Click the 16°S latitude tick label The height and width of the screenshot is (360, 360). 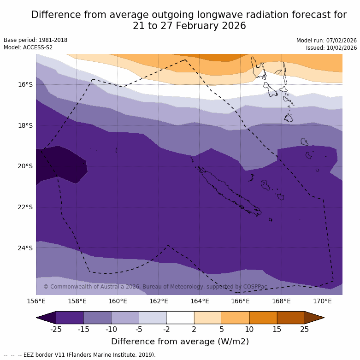pos(25,84)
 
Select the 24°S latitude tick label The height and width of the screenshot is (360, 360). pos(25,248)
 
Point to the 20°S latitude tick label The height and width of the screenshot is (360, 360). pos(25,166)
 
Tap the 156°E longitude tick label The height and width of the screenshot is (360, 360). pos(36,301)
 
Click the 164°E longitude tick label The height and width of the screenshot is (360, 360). pos(200,301)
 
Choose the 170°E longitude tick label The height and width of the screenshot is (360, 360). pos(322,301)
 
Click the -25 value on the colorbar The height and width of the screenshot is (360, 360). pos(56,329)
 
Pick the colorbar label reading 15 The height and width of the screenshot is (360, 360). pos(277,329)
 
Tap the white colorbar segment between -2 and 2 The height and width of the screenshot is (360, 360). pos(180,318)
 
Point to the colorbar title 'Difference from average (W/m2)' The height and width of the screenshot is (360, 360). pos(180,342)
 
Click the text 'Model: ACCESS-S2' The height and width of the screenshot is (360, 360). pos(28,47)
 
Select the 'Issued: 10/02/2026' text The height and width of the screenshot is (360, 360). pos(331,48)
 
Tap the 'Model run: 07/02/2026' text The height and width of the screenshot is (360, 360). pos(326,41)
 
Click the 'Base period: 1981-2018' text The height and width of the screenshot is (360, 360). pos(35,40)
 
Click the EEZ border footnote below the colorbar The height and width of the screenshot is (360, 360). pos(80,355)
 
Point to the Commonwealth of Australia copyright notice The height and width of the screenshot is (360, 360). pos(155,287)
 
